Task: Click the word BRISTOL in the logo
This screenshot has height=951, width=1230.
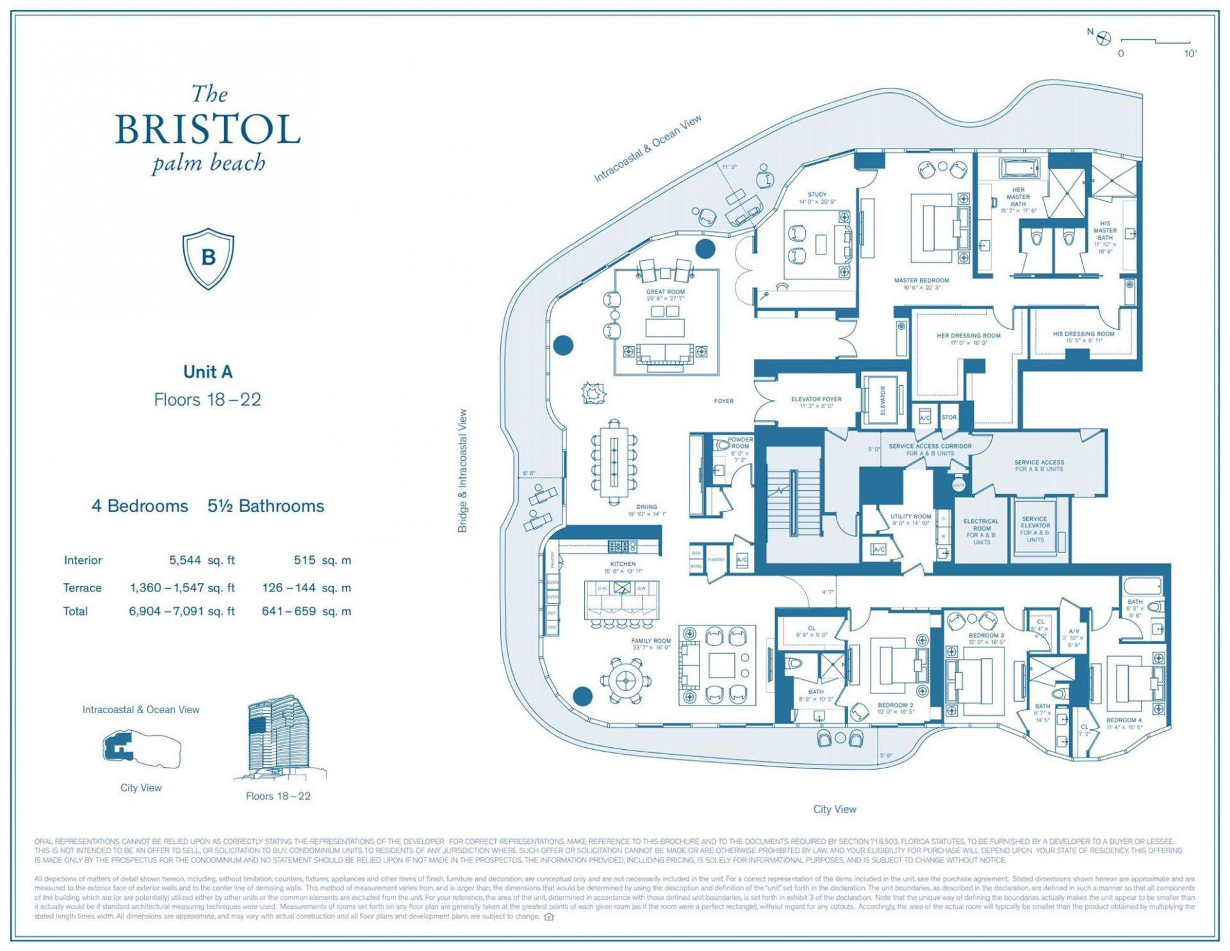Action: point(208,129)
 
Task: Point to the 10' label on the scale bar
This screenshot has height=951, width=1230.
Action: point(1190,54)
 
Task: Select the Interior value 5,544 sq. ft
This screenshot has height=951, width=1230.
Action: point(202,560)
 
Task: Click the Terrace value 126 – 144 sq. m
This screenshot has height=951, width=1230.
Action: point(306,588)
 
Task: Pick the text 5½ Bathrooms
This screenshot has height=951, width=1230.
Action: point(266,506)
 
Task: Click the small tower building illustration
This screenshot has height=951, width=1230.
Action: point(278,737)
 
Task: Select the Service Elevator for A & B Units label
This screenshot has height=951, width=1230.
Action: point(1035,529)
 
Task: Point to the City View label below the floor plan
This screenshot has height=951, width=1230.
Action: point(834,809)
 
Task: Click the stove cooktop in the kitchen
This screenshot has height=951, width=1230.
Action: point(622,547)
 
